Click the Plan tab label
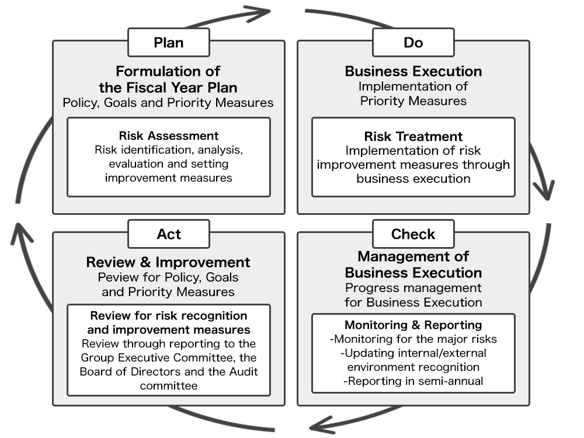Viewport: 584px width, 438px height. (x=169, y=43)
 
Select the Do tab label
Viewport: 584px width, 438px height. (x=413, y=43)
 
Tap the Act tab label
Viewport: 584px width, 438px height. (x=169, y=234)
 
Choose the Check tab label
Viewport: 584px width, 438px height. (x=413, y=234)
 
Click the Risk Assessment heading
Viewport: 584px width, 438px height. (x=169, y=135)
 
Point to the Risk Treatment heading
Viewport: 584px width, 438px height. (x=413, y=136)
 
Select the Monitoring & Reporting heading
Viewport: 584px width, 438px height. (x=413, y=325)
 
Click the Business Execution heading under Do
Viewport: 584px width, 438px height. (x=413, y=71)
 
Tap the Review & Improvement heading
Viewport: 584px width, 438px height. (x=168, y=262)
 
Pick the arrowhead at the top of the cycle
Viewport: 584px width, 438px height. (x=257, y=13)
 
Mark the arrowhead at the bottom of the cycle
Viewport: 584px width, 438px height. (x=322, y=425)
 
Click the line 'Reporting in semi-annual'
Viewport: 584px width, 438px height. (x=413, y=381)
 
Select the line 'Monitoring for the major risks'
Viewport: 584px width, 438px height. (x=413, y=339)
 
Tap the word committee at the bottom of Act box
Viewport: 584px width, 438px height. (x=169, y=386)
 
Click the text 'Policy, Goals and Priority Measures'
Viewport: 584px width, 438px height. (x=168, y=103)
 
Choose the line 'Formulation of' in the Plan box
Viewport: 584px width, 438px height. (x=168, y=71)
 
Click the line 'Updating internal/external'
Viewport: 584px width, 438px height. (x=413, y=353)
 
